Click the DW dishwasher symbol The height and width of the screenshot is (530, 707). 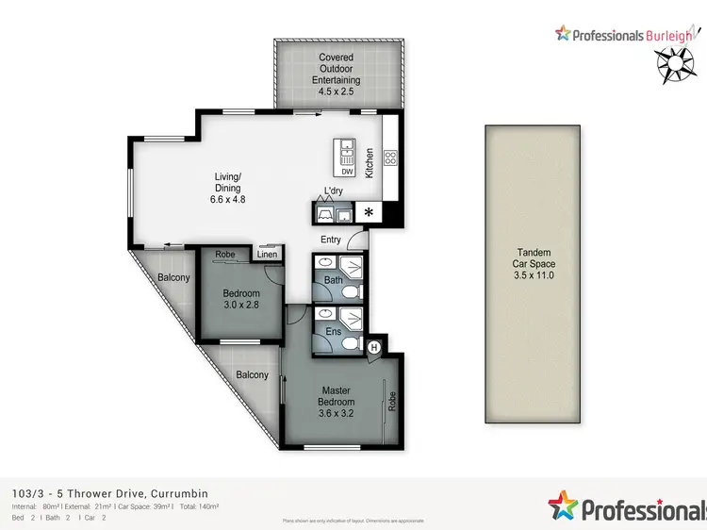tap(347, 172)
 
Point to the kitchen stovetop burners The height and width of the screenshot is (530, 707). tap(391, 157)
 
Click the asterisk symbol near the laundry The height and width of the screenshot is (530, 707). tap(369, 213)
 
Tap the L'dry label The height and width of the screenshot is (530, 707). tap(334, 192)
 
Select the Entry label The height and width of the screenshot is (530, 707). tap(331, 240)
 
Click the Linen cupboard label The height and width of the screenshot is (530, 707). tap(267, 255)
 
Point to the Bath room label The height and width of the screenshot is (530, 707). tap(333, 280)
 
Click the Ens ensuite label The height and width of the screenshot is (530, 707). tap(333, 331)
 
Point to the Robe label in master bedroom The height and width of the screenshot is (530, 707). tap(393, 400)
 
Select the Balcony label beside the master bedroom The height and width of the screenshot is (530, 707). tap(252, 374)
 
